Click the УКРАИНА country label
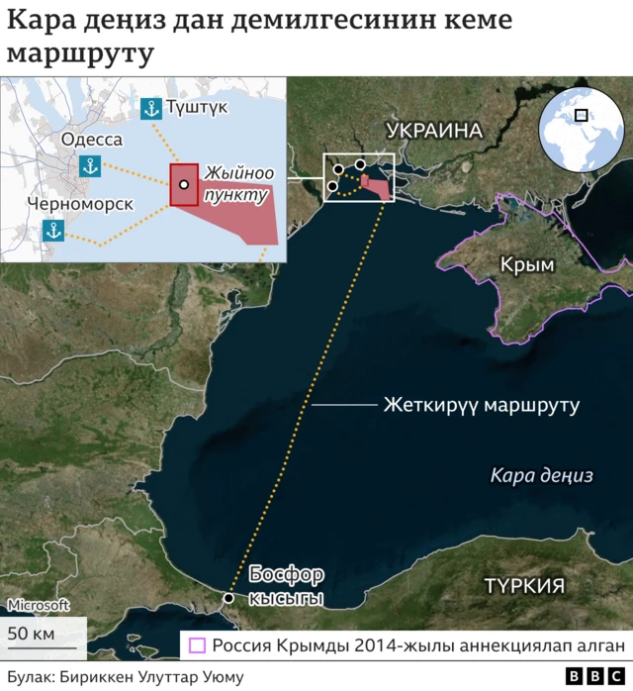point(434,131)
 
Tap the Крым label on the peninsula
point(527,264)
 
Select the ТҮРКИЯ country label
point(524,585)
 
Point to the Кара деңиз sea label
point(541,475)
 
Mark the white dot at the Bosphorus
point(229,599)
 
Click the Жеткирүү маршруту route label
point(481,406)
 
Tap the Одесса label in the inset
point(92,140)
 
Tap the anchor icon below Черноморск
point(53,231)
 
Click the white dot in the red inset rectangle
point(184,185)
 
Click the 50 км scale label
point(32,634)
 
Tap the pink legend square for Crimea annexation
point(197,646)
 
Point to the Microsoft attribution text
point(39,605)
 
